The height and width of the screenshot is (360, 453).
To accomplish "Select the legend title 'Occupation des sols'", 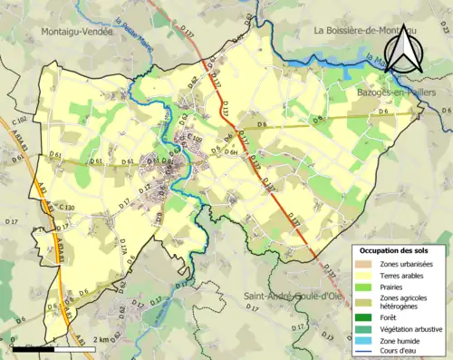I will point(399,250).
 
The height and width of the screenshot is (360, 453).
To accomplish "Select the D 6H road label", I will point(232,153).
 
